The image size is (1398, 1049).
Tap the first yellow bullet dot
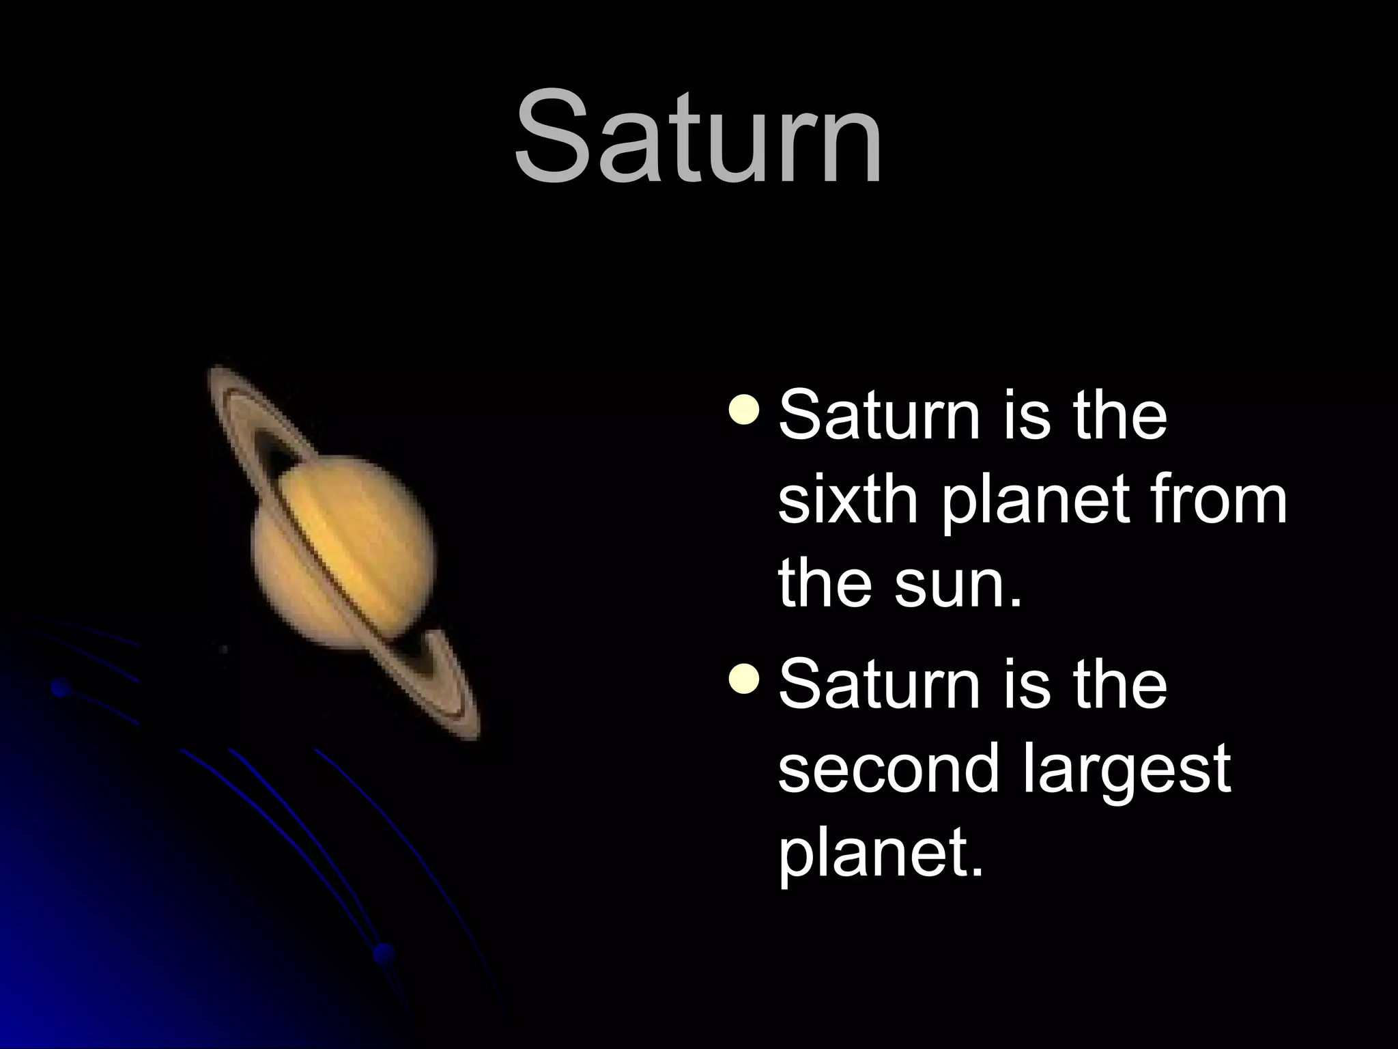click(x=743, y=410)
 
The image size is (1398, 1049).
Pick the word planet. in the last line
click(x=881, y=857)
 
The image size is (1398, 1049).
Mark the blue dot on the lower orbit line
click(x=384, y=951)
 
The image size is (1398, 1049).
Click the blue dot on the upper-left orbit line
click(x=61, y=688)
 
